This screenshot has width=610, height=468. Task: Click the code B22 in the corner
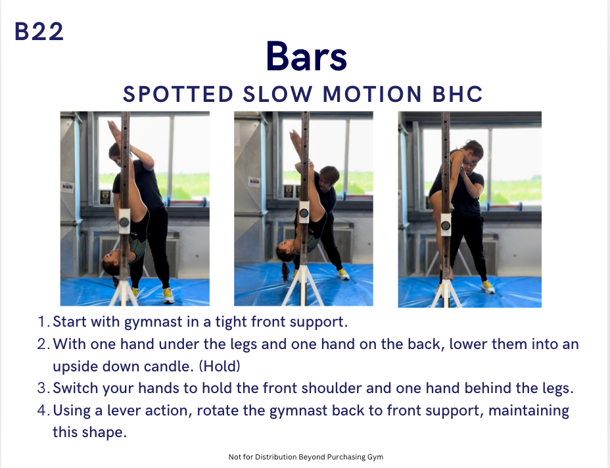[x=39, y=32]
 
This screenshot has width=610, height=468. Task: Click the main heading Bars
[x=306, y=57]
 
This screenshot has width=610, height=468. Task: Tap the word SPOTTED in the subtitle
[x=177, y=94]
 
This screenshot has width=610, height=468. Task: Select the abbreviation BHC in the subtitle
[x=457, y=94]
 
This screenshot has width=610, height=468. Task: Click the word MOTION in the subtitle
[x=372, y=94]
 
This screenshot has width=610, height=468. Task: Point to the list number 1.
[x=43, y=321]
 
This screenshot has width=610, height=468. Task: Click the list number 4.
[x=43, y=410]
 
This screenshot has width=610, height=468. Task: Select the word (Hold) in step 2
[x=220, y=367]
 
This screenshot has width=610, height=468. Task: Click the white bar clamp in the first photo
[x=124, y=221]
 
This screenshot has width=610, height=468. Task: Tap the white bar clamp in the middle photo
[x=304, y=212]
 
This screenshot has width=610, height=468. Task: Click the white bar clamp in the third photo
[x=446, y=224]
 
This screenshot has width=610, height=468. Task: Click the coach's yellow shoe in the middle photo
[x=343, y=275]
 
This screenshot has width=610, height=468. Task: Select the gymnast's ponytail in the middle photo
[x=285, y=271]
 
